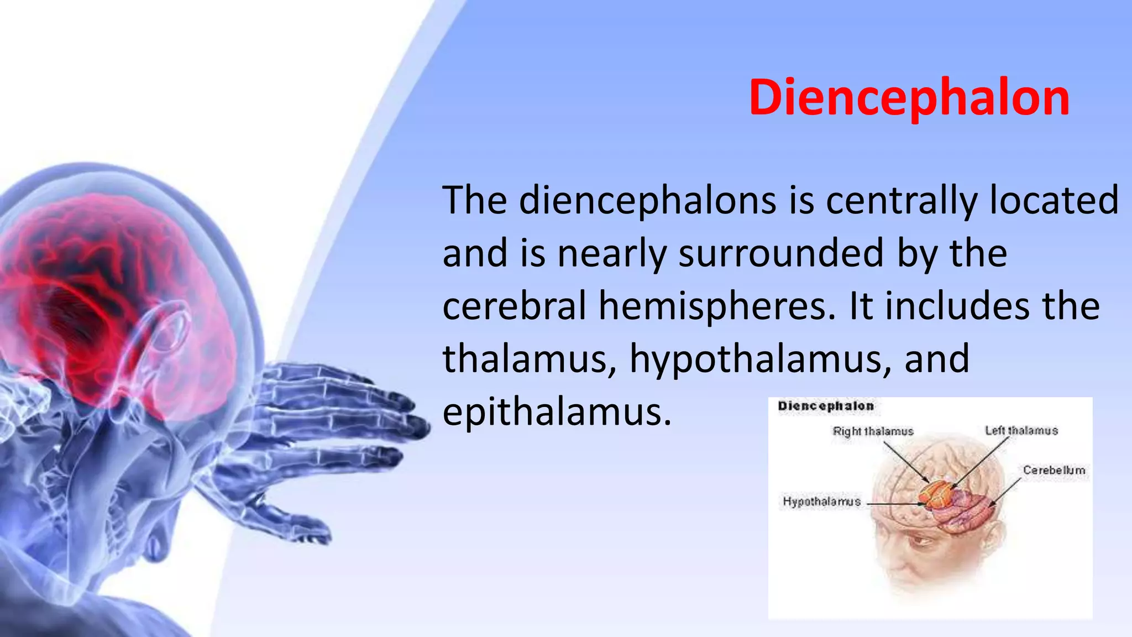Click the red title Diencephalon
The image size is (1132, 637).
[x=909, y=98]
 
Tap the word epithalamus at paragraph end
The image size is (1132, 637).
[x=557, y=413]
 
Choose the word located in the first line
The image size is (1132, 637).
[x=1054, y=200]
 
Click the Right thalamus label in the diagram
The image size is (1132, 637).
[x=873, y=431]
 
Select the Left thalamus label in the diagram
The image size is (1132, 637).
[x=1021, y=431]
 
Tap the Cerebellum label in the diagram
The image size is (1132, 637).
[x=1054, y=470]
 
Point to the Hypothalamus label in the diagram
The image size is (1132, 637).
[x=821, y=502]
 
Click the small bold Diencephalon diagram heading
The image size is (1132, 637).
[x=826, y=406]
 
